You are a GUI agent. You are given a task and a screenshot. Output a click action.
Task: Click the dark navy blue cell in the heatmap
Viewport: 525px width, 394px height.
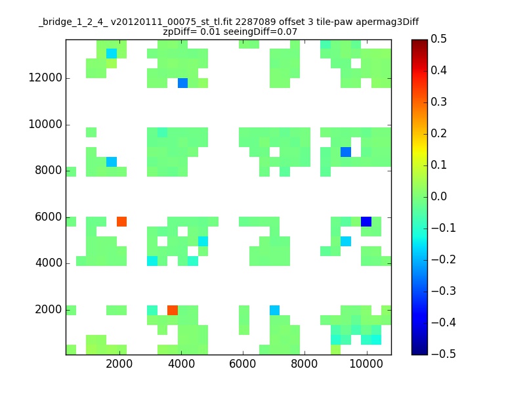(x=366, y=221)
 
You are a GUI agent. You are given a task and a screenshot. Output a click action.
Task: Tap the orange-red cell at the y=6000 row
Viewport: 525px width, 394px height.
(x=121, y=221)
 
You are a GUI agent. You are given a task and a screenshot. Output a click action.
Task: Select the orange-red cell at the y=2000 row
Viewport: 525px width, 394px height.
(x=173, y=310)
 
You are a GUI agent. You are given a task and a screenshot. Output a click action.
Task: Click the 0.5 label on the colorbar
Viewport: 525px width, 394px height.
(x=438, y=39)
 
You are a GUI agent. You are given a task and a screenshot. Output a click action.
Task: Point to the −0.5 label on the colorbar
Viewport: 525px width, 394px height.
(x=443, y=354)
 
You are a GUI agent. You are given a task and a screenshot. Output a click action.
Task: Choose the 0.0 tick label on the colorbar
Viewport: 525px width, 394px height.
(x=438, y=196)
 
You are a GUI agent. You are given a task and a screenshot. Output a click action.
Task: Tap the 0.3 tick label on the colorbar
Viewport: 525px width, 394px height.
(x=438, y=102)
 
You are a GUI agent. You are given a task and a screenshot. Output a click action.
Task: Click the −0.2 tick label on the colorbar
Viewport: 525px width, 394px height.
(x=443, y=259)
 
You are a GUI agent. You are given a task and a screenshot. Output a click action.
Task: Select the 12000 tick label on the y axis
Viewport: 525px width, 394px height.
(x=45, y=77)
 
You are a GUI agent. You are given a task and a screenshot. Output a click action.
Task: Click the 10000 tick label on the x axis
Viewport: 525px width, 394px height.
(x=366, y=364)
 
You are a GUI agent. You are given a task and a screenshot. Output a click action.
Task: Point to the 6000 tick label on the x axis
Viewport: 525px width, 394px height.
(x=242, y=364)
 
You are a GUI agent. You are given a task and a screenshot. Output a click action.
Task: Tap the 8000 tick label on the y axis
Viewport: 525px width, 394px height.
(x=49, y=170)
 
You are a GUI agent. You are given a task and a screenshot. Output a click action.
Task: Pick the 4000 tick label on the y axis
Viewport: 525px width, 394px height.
(x=49, y=263)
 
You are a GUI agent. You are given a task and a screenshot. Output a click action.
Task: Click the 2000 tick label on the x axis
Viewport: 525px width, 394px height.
(x=119, y=364)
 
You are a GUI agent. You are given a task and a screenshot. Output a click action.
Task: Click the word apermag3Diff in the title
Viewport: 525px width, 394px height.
(x=387, y=22)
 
